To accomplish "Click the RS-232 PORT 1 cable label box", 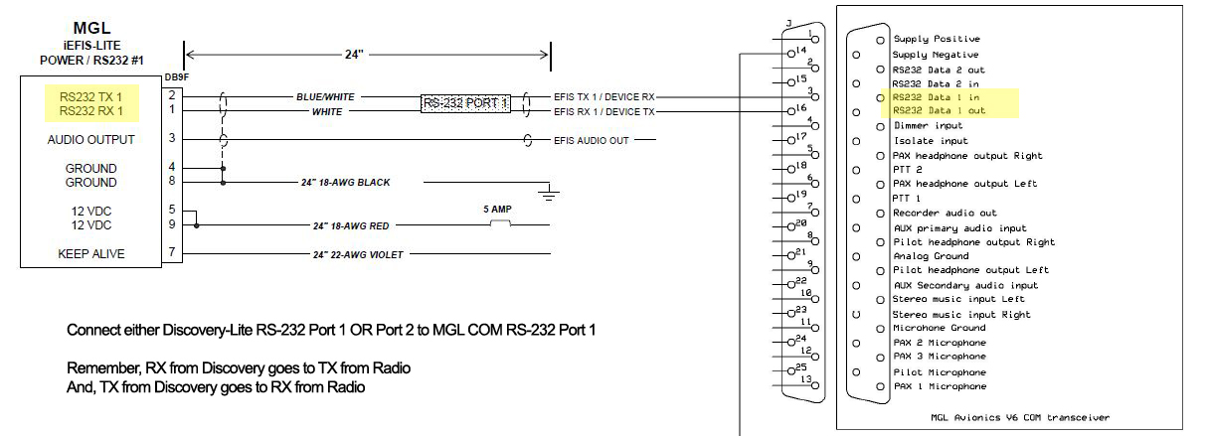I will (x=465, y=103).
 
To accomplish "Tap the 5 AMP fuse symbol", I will (x=501, y=225).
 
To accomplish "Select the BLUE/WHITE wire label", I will (x=325, y=97).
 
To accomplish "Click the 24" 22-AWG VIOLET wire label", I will (x=358, y=255).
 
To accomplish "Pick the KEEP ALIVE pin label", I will (x=90, y=254).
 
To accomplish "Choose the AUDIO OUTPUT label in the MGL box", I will (x=90, y=140).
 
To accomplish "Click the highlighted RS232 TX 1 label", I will (x=90, y=96).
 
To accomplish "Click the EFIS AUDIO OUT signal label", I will (x=592, y=140).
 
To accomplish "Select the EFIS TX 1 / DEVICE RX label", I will (x=604, y=97).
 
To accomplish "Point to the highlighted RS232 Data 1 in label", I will (x=939, y=97).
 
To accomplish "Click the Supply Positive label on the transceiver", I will (x=936, y=39).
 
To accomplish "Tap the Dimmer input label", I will (x=928, y=126).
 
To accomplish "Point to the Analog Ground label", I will (x=931, y=256).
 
